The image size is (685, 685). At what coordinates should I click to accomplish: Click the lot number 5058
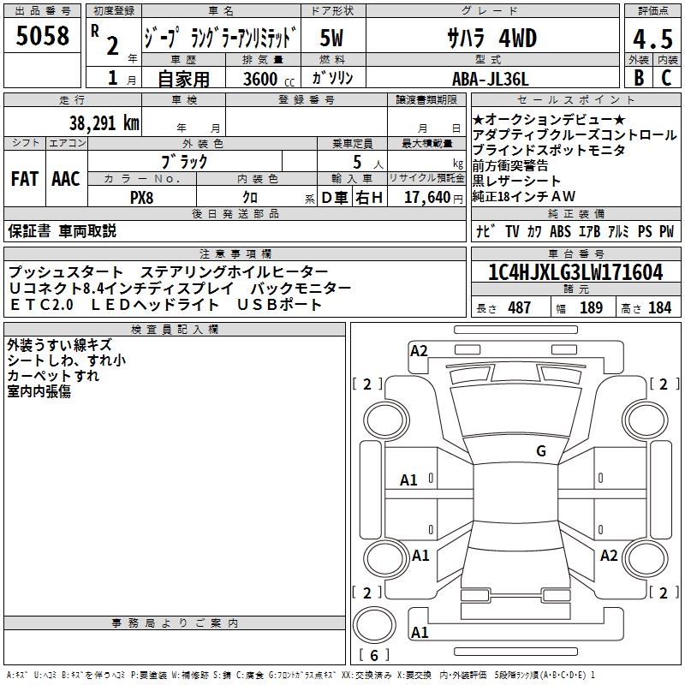tap(42, 36)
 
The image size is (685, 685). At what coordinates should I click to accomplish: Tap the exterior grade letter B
tap(638, 77)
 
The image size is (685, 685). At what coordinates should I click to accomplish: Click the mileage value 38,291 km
tap(104, 122)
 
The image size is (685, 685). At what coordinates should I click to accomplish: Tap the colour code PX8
tap(141, 197)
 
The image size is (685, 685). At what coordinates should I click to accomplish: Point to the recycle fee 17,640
tap(426, 197)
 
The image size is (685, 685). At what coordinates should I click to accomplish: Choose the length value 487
tap(519, 307)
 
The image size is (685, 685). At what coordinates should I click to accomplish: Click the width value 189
tap(591, 307)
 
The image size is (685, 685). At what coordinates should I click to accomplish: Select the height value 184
tap(659, 307)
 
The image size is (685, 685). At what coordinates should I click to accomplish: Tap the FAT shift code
tap(25, 179)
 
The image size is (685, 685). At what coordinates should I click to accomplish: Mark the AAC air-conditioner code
tap(66, 179)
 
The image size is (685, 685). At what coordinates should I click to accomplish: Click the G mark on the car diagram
tap(540, 450)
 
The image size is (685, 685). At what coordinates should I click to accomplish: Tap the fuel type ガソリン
tap(332, 78)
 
